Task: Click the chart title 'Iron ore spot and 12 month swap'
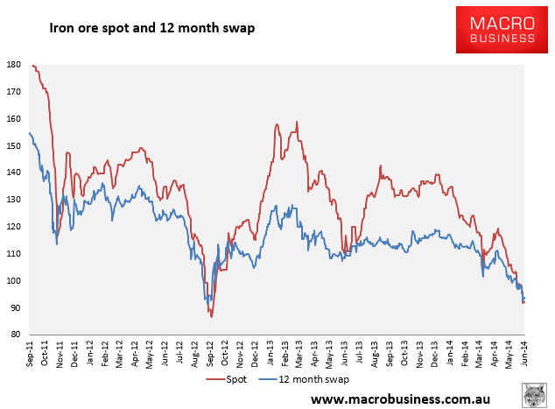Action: tap(151, 28)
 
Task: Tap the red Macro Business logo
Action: tap(502, 30)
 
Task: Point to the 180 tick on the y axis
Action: tap(14, 65)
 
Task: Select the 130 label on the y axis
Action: tap(14, 200)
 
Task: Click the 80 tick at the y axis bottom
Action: tap(16, 335)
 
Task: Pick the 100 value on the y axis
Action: tap(14, 280)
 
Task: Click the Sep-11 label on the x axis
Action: tap(30, 354)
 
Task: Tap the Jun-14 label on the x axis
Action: tap(523, 354)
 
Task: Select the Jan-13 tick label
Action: tap(270, 353)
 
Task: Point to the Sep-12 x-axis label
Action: tap(209, 354)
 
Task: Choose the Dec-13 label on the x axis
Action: tap(434, 354)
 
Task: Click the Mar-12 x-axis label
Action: tap(119, 354)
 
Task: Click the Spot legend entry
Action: tap(227, 379)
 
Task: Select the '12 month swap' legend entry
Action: tap(304, 379)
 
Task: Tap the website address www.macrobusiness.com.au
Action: tap(400, 399)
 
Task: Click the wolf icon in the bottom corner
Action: tap(535, 395)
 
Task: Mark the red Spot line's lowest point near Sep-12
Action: tap(212, 317)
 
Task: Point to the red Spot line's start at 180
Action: tap(32, 65)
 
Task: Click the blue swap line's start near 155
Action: tap(30, 133)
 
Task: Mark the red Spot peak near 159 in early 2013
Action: tap(297, 122)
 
